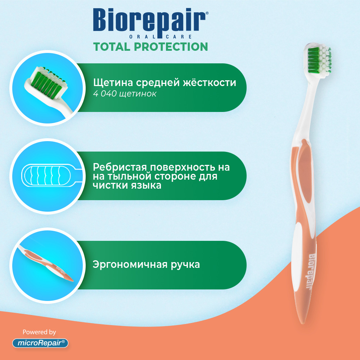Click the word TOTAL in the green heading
112,47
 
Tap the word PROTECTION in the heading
171,47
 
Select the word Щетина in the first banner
113,83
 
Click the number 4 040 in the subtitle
105,94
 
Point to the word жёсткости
210,82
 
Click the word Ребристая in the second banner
120,167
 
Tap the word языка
147,185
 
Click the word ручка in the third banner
185,265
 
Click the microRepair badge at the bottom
40,343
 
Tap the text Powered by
39,332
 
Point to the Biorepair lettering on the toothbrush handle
311,272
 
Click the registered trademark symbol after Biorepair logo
207,13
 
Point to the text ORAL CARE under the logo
161,37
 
